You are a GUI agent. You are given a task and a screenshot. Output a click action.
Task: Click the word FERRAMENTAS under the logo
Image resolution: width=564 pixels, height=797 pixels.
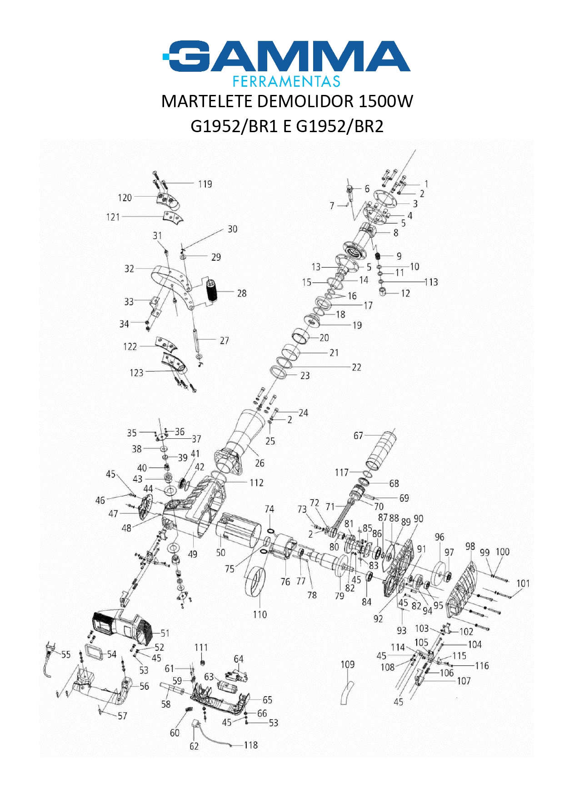pos(286,81)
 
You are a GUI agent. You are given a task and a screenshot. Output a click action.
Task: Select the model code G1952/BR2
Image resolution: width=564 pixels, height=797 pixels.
pos(339,126)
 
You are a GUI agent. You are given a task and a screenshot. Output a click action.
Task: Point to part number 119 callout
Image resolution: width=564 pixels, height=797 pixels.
pos(205,184)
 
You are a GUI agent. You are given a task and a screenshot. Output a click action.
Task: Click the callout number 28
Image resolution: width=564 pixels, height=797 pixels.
pos(242,293)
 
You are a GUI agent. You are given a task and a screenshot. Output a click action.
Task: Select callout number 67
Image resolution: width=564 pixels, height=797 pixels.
pos(359,436)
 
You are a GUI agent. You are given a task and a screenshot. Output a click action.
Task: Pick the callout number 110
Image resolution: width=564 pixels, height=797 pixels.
pos(260,614)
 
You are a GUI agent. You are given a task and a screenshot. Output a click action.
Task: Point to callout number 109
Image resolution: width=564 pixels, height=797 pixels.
pos(348,664)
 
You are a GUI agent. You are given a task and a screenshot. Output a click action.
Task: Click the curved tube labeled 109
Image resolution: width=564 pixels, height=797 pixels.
pos(346,693)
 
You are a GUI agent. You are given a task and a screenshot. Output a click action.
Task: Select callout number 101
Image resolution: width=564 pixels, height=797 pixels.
pos(523,583)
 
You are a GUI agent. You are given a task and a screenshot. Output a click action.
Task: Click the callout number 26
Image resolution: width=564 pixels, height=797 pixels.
pos(260,463)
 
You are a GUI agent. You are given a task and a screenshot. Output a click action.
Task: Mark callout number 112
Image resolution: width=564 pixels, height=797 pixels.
pos(256,482)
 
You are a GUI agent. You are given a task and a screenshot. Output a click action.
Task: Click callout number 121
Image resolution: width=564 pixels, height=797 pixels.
pos(113,217)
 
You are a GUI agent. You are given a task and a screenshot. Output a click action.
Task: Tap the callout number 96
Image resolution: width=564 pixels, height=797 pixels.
pos(439,537)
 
